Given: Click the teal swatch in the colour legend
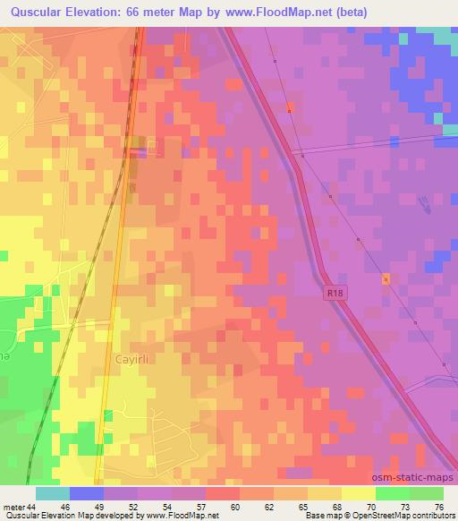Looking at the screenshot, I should point(53,493).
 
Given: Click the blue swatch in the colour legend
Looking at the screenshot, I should point(87,493).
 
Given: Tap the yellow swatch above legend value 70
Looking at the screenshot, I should point(359,493).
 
